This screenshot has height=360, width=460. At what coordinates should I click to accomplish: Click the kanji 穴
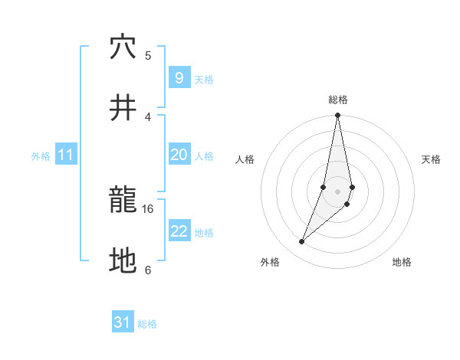(123, 47)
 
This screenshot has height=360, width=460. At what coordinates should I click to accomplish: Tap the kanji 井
(123, 109)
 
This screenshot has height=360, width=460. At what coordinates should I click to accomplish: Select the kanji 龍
(123, 201)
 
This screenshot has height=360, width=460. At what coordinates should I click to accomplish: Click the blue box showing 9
(179, 77)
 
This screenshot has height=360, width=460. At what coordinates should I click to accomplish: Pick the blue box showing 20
(179, 155)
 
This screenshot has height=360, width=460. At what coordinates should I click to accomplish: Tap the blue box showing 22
(179, 231)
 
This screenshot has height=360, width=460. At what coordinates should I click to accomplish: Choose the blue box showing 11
(65, 155)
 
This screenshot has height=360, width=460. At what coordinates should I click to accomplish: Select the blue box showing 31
(123, 322)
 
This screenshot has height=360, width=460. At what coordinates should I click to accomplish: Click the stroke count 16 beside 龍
(148, 208)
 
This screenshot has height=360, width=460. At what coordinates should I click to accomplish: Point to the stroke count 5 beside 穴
(148, 55)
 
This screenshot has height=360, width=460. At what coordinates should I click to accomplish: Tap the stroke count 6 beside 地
(148, 270)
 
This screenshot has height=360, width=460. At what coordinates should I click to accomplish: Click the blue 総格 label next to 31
(147, 324)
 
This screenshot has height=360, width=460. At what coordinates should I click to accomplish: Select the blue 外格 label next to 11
(41, 156)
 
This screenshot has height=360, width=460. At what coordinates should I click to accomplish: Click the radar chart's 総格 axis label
(338, 100)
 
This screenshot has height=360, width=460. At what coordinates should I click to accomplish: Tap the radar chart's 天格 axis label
(432, 159)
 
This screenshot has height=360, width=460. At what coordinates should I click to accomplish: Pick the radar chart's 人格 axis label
(245, 159)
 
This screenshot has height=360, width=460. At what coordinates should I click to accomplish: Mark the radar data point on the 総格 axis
(337, 116)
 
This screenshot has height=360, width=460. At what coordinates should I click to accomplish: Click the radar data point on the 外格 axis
(301, 242)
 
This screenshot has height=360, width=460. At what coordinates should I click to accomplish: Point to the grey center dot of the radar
(337, 191)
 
